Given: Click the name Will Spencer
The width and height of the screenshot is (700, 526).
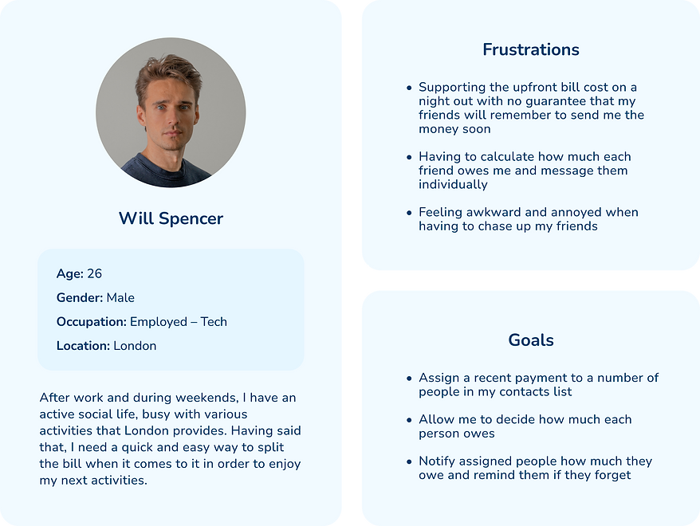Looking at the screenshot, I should (171, 218).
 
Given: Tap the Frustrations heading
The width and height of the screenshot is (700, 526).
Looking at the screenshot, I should (530, 49).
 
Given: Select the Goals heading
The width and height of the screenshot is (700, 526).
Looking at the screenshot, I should (530, 340).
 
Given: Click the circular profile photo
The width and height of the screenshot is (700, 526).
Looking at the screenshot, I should (171, 112).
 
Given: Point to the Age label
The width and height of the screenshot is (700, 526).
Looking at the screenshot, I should (69, 274).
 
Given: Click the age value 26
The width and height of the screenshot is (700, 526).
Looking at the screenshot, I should (94, 274).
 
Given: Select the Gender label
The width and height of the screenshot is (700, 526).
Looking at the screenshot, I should (79, 298).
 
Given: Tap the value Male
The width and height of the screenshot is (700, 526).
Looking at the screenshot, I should (120, 298).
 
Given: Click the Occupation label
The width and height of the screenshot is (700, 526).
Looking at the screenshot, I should (91, 322).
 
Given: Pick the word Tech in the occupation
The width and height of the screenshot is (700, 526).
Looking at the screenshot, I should (214, 322).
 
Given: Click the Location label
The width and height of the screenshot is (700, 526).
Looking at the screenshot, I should (83, 346).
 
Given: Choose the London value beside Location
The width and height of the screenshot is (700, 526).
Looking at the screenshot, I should (135, 346).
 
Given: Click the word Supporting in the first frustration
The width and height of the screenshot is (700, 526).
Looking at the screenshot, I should (452, 88).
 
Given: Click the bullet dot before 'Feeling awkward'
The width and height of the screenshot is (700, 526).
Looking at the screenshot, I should (409, 213).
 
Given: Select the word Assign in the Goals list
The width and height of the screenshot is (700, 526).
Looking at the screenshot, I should (438, 378).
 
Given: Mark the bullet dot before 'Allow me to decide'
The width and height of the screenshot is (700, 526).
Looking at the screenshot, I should (409, 420).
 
